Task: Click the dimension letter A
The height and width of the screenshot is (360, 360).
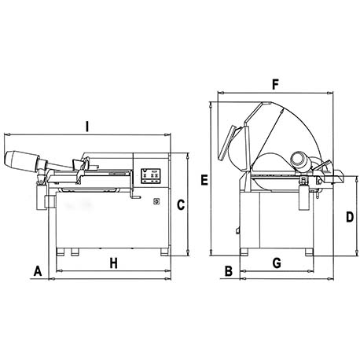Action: click(x=38, y=271)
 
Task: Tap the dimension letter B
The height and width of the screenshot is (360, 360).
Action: click(x=229, y=271)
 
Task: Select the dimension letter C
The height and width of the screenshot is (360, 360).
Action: click(x=181, y=205)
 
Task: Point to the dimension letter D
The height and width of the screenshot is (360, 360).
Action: click(x=350, y=217)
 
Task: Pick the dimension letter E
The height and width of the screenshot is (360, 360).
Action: click(x=204, y=180)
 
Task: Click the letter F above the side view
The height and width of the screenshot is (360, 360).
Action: click(x=275, y=85)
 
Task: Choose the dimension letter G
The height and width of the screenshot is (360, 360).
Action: click(x=277, y=263)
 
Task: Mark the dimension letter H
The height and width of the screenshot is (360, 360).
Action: click(x=113, y=263)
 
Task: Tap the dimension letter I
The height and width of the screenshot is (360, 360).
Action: click(x=87, y=127)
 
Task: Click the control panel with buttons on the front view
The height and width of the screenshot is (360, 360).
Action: click(x=151, y=175)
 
